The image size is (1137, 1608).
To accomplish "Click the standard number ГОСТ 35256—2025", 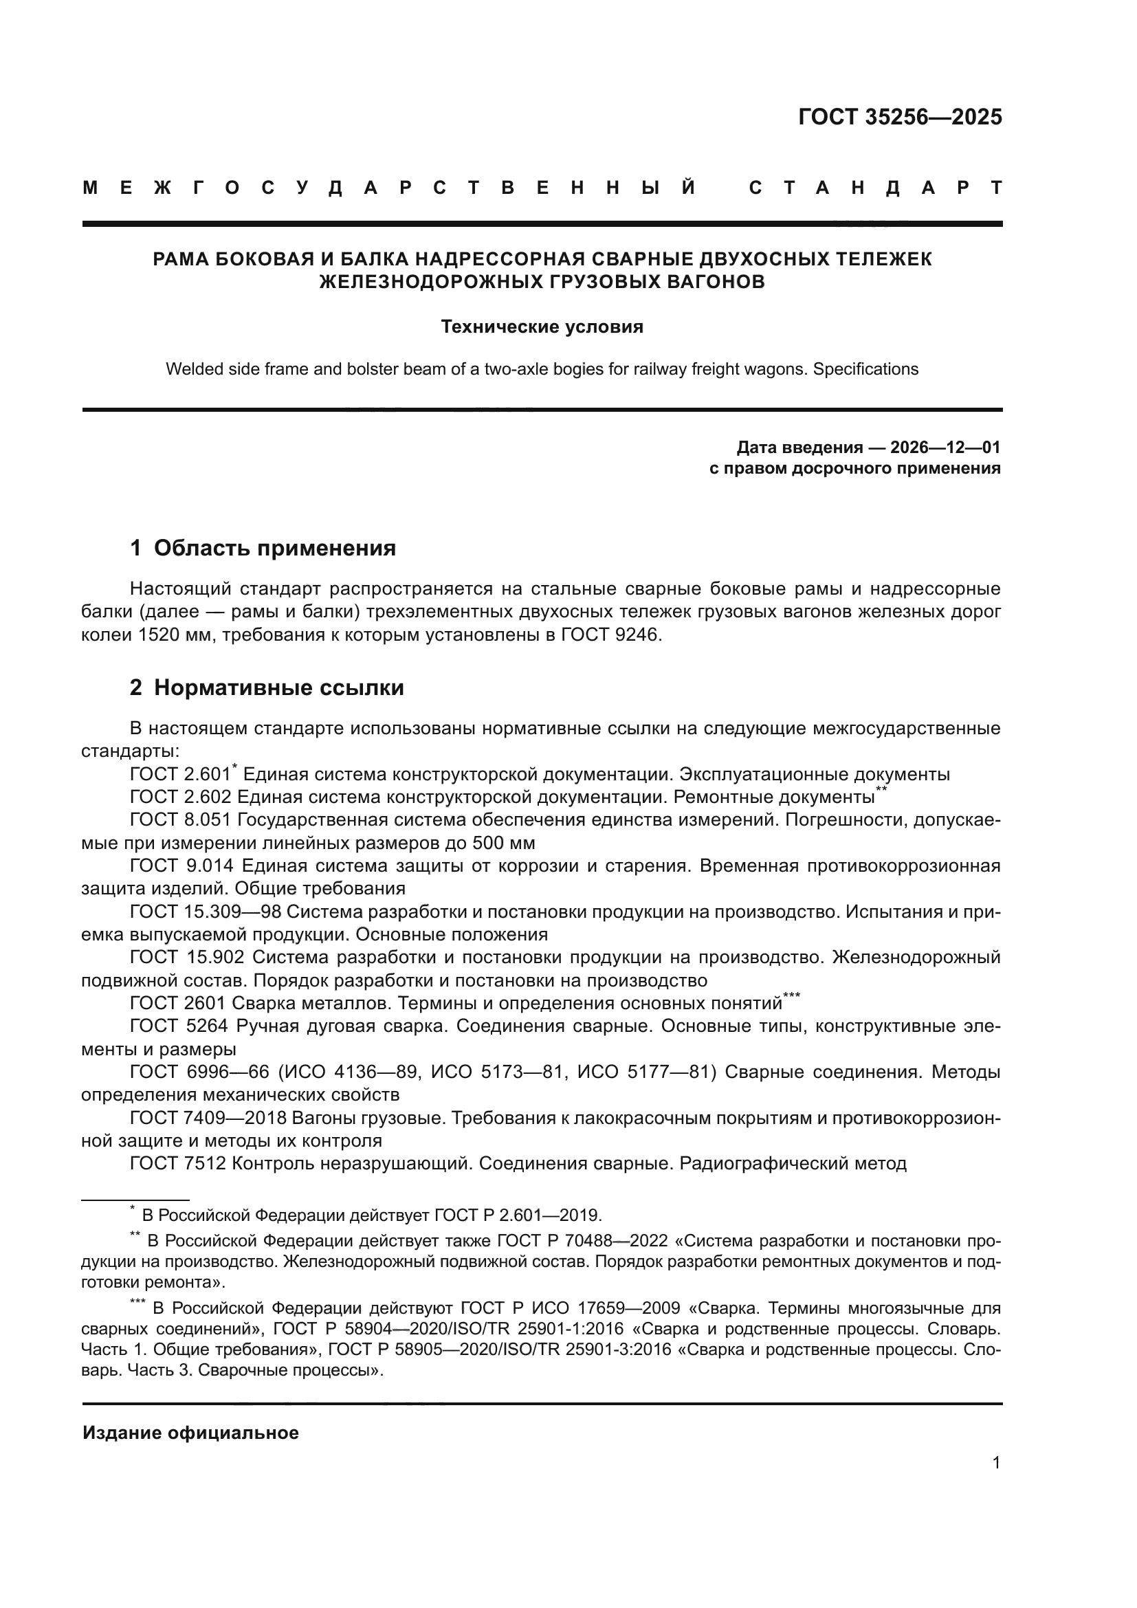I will click(x=900, y=117).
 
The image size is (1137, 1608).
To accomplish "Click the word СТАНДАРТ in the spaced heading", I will click(x=875, y=188).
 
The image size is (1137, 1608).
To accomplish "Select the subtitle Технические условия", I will click(x=542, y=327).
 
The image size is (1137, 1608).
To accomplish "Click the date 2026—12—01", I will click(x=945, y=448).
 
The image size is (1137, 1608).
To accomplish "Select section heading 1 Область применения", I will click(x=263, y=548).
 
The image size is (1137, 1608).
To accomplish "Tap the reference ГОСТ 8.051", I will click(x=181, y=820).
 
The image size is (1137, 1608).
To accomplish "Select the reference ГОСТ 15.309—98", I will click(x=204, y=912).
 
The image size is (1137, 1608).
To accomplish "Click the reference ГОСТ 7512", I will click(x=178, y=1163).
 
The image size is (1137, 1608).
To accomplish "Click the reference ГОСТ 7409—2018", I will click(x=204, y=1118).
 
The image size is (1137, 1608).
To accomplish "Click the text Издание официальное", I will click(x=190, y=1433).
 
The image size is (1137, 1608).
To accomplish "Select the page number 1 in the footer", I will click(x=995, y=1462).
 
